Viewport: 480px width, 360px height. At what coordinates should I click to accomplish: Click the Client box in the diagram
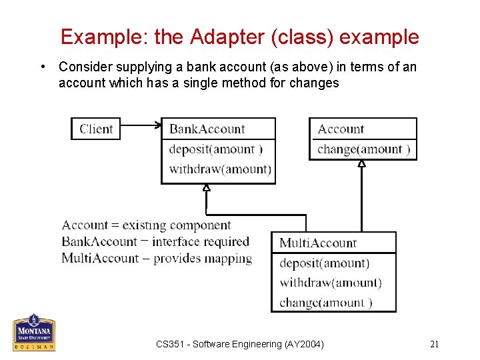pos(96,129)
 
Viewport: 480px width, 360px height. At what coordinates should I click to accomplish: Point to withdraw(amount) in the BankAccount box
pos(220,169)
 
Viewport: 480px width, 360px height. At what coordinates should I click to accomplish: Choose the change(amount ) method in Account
pos(363,149)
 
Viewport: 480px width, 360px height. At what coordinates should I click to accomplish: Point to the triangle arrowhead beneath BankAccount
pos(207,188)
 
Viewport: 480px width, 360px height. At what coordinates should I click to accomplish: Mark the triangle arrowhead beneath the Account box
pos(361,163)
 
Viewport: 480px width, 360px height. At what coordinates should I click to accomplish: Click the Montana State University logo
pos(34,332)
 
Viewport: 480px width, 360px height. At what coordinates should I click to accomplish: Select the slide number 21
pos(435,344)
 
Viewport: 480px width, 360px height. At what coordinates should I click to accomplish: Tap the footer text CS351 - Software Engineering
pos(240,344)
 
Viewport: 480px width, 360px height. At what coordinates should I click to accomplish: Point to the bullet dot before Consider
pos(42,67)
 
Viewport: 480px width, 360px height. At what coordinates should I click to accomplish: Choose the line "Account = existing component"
pos(146,225)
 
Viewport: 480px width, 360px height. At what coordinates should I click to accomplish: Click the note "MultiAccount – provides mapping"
pos(157,258)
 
